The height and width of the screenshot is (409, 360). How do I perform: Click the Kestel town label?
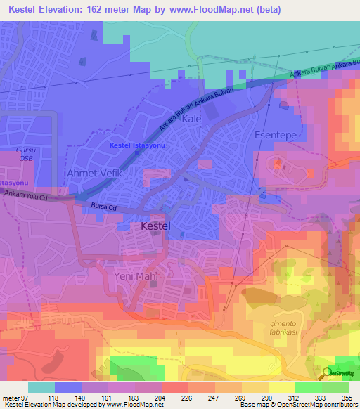coord(153,227)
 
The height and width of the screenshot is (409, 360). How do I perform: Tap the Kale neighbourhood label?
coord(192,119)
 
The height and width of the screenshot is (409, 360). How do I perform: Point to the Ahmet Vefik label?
coord(94,173)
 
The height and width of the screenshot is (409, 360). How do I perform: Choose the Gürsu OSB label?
coord(25,154)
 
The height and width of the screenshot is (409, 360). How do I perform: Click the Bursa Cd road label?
coord(103,207)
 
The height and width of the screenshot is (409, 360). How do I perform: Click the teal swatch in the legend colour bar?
coord(41,387)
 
